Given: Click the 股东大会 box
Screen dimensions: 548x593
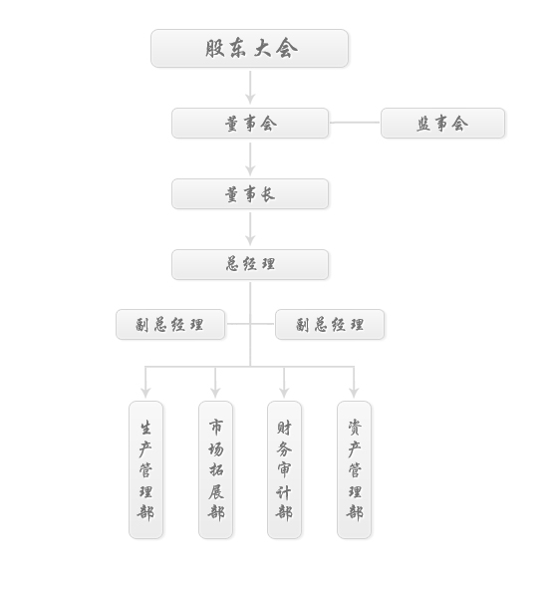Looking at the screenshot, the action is click(249, 49).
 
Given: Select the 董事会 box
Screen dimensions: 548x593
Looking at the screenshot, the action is click(250, 123).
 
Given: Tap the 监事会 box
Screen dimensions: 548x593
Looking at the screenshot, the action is click(442, 123).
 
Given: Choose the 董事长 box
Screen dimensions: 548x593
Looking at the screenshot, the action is click(250, 193).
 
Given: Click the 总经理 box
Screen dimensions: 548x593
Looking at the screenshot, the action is click(250, 264).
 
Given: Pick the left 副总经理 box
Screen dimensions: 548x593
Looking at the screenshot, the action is click(170, 324).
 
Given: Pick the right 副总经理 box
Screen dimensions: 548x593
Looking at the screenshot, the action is click(330, 324).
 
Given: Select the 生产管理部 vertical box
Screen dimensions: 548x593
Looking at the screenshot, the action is click(146, 469).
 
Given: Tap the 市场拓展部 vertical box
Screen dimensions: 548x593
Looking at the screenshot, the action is click(215, 469).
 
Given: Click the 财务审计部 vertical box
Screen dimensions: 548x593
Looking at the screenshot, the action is click(284, 469).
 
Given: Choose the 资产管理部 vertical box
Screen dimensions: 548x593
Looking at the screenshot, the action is click(354, 469).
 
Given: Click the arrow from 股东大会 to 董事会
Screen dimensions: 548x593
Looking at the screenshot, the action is click(250, 88).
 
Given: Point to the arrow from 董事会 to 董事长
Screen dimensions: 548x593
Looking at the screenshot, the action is click(250, 159).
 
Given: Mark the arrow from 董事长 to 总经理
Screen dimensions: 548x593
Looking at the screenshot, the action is click(250, 229).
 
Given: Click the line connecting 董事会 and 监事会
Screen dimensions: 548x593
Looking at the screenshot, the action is click(355, 123).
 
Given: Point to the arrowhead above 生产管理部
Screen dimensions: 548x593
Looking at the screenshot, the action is click(145, 393).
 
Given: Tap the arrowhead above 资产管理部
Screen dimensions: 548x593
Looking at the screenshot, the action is click(354, 393).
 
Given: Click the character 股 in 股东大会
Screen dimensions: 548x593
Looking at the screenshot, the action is click(215, 48).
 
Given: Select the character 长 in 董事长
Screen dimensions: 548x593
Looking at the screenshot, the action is click(268, 194).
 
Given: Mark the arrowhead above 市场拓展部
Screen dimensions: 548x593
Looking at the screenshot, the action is click(215, 393).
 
